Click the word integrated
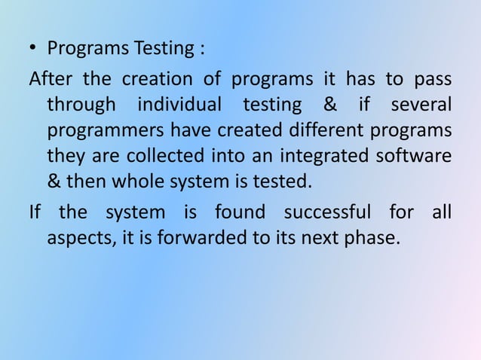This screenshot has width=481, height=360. pos(341,156)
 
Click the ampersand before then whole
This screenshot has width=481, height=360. pos(55,182)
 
